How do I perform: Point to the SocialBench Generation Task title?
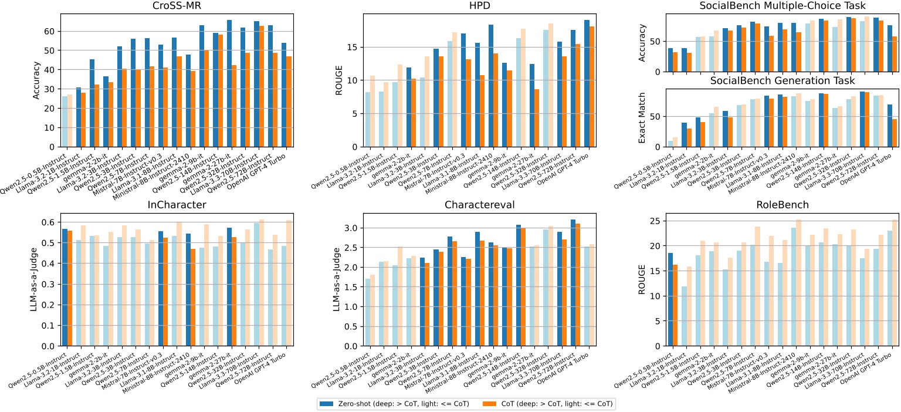click(x=769, y=80)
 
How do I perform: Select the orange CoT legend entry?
click(x=548, y=403)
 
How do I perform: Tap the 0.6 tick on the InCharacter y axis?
click(x=47, y=222)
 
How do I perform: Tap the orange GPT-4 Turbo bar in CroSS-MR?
click(x=290, y=102)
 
